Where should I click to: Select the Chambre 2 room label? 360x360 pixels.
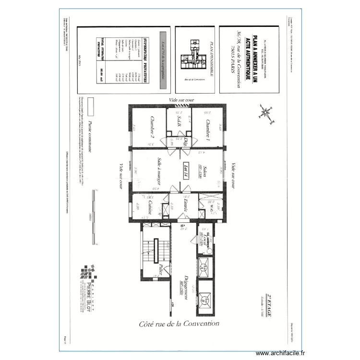pyautogui.click(x=152, y=127)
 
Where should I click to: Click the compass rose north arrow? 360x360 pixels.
pyautogui.click(x=265, y=112)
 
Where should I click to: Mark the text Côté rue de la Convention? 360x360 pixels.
pyautogui.click(x=180, y=324)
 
